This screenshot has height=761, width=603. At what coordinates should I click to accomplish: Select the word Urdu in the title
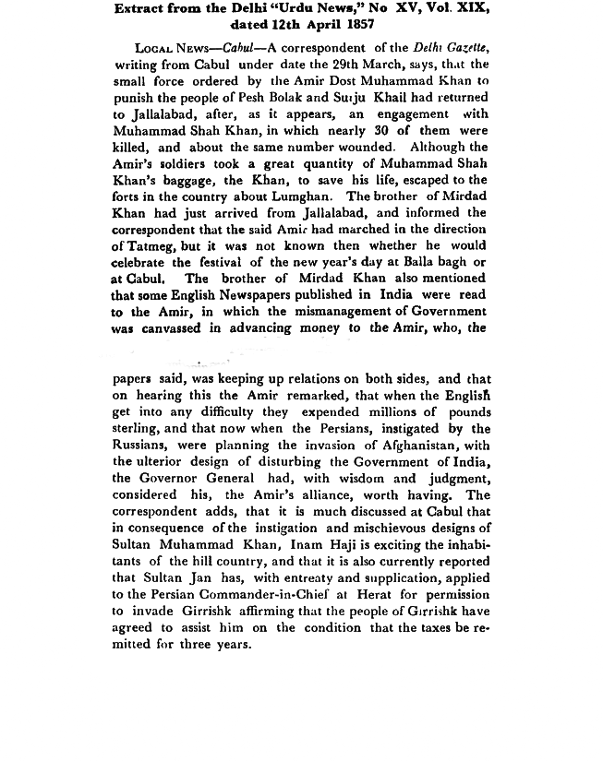(308, 8)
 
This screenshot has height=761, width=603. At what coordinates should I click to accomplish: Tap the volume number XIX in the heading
(469, 8)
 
